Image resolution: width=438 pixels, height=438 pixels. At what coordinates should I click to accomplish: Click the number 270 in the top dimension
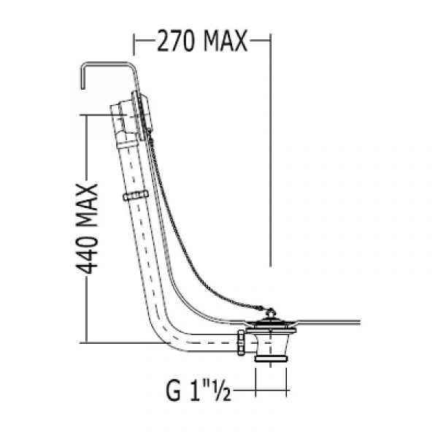tap(176, 41)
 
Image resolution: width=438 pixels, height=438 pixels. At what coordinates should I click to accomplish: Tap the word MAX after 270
tap(226, 41)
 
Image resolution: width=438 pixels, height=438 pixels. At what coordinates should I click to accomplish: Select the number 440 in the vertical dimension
tap(87, 254)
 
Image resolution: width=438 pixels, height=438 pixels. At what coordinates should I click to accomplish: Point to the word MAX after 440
tap(87, 206)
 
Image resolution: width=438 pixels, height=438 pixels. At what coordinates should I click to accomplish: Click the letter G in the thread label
tap(173, 391)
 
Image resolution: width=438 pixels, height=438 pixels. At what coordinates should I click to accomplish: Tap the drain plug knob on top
tap(270, 311)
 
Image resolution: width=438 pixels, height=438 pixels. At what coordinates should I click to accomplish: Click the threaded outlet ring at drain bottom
tap(271, 358)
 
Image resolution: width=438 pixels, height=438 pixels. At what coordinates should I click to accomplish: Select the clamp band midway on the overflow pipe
tap(136, 195)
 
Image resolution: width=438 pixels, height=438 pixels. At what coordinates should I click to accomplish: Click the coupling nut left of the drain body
tap(241, 342)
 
